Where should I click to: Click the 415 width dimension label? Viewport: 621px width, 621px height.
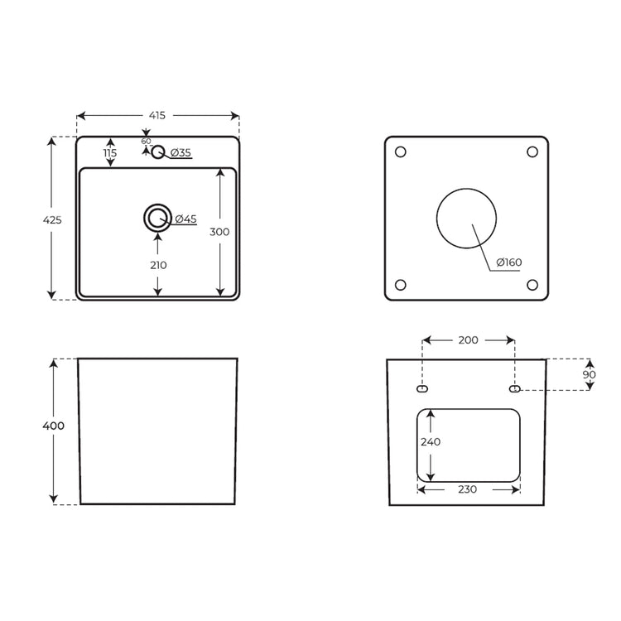pos(156,116)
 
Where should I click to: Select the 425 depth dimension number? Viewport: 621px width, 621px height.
pos(52,219)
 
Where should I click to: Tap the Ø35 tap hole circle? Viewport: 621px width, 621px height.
pos(158,152)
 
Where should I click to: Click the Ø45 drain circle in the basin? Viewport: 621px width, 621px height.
pos(157,218)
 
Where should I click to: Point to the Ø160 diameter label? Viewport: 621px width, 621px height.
pos(509,262)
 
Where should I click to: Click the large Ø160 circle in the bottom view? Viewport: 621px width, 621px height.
pos(466,189)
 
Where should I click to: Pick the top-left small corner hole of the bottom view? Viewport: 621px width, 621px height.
pos(401,152)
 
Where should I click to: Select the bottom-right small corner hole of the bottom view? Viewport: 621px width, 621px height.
pos(532,285)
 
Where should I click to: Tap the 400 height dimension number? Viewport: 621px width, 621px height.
pos(54,426)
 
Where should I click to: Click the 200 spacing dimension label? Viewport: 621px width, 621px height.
pos(468,340)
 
